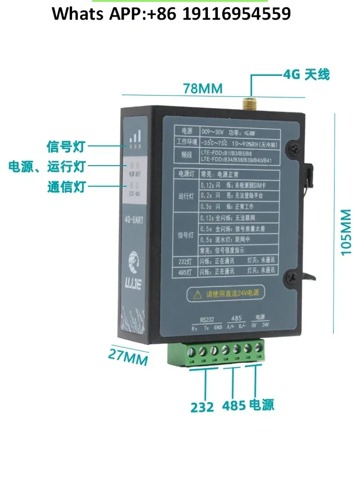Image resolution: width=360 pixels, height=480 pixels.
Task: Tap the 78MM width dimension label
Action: coord(203,89)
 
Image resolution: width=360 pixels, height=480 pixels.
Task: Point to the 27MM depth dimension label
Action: coord(128,356)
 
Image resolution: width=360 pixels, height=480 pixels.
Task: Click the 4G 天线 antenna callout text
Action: coord(306,75)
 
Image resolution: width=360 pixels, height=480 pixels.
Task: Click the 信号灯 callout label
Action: coord(65,145)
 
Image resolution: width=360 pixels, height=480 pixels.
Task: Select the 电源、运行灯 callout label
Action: coord(47,166)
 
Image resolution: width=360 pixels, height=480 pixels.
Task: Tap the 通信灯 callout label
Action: coord(66,186)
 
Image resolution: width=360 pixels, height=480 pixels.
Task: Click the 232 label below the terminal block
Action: coord(202,407)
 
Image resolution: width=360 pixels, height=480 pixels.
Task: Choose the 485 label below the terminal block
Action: coord(234,406)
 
